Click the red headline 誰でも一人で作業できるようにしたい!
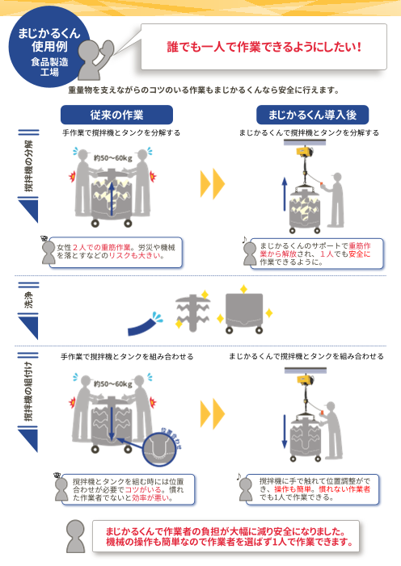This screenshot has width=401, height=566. (x=264, y=47)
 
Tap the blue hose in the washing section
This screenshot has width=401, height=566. (x=146, y=325)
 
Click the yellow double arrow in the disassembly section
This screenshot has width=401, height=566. (x=212, y=184)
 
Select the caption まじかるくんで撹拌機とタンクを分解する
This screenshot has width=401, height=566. (x=309, y=132)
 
